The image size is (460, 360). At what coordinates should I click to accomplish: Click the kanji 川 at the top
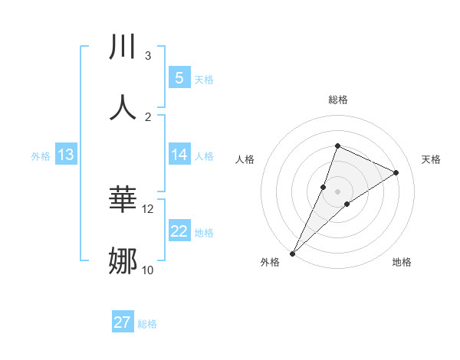coord(123,47)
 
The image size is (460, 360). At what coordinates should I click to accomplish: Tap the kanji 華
coord(123,200)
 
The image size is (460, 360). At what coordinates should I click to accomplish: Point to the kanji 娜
coord(123,261)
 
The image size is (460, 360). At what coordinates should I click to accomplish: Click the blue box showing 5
coord(179,77)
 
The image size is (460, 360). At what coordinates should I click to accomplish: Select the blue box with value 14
coord(179,155)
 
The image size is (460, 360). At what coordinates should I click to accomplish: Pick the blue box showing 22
coord(179,232)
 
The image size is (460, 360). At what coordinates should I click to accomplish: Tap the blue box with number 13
coord(66,155)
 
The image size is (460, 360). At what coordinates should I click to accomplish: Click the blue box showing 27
coord(123,322)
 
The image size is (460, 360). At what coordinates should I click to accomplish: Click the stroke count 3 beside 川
coord(148,55)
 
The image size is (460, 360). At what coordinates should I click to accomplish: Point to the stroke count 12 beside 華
coord(148,208)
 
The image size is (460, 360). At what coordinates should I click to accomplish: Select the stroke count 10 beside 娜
coord(148,270)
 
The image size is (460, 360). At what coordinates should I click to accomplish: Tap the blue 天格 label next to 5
coord(204,79)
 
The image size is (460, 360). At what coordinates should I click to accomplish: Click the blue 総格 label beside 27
coord(147,324)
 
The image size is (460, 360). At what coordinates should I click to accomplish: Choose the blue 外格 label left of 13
coord(41,156)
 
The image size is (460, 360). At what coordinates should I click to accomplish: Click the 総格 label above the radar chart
coord(337,100)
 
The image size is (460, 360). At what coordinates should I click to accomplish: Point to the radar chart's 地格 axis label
coord(402,262)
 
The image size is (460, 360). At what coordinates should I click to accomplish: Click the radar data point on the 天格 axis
coord(396,172)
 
